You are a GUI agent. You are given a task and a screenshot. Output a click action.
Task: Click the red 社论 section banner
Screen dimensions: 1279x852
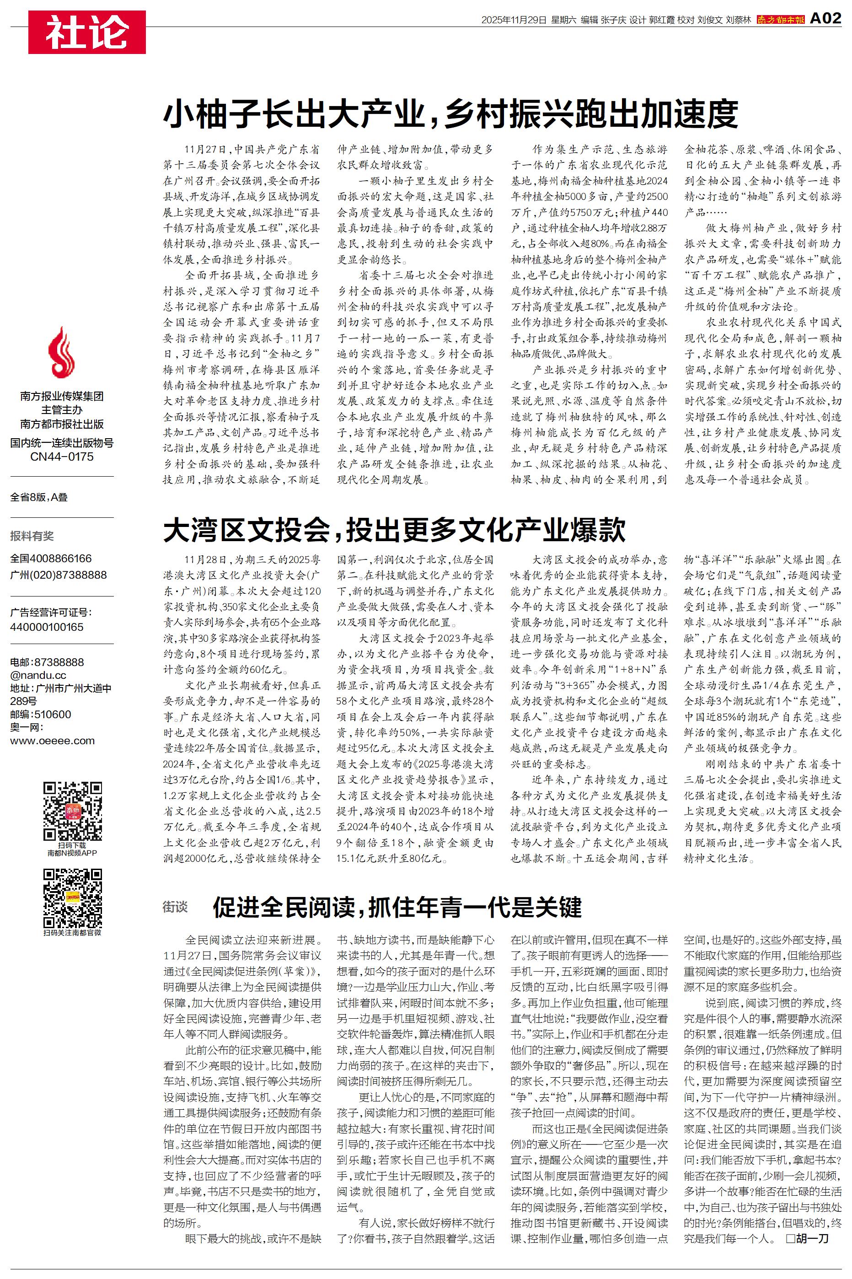pos(87,32)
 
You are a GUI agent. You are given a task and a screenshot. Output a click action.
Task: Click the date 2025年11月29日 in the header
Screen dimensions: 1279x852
pos(513,20)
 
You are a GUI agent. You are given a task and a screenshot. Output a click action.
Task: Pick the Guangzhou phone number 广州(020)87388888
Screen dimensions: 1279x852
pos(59,574)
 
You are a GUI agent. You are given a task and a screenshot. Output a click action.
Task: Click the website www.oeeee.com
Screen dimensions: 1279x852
pos(52,740)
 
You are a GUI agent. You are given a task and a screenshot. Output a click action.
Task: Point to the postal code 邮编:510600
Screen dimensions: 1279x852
pos(41,714)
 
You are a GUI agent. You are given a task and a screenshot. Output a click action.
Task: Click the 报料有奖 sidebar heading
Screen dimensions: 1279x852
pos(32,536)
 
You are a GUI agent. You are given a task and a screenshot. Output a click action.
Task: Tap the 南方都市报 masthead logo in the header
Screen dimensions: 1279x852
pos(780,20)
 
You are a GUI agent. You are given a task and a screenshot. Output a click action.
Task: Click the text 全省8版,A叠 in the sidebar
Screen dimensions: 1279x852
pos(39,497)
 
